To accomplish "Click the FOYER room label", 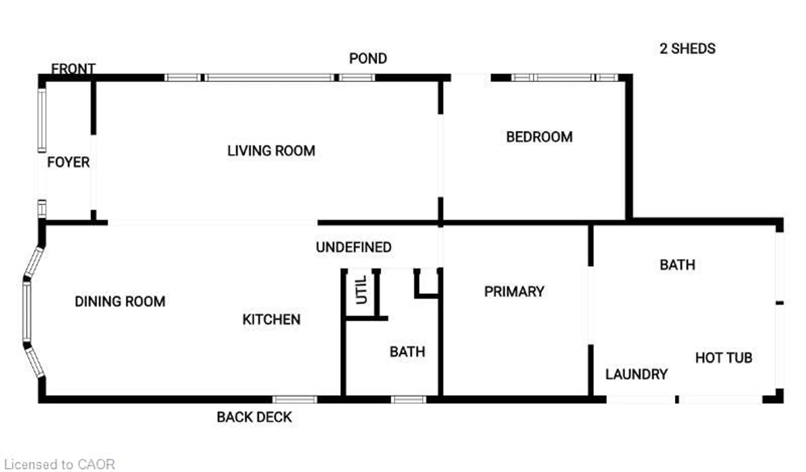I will [68, 162].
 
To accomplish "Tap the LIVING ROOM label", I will [271, 151].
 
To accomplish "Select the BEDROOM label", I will [539, 137].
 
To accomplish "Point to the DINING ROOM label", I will [120, 302].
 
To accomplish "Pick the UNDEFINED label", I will [354, 247].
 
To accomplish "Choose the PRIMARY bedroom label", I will [514, 292].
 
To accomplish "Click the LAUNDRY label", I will [636, 374].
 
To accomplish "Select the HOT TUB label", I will [724, 358].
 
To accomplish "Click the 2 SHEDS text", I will [687, 49].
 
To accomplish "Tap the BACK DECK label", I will [254, 417].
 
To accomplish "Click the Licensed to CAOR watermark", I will [60, 464].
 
